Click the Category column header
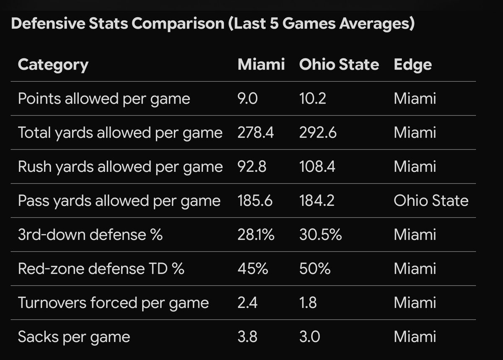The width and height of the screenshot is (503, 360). (x=53, y=65)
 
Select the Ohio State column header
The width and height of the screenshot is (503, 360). (x=339, y=65)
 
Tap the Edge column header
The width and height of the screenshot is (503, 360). (x=412, y=65)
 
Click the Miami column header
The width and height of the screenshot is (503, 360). (x=261, y=65)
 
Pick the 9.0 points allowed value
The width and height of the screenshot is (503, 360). (x=248, y=99)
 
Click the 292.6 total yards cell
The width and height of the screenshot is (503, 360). (x=317, y=133)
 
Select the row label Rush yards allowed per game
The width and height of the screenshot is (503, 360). (x=120, y=167)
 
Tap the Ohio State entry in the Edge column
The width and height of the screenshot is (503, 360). (x=430, y=201)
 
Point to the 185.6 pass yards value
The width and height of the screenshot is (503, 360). (x=255, y=201)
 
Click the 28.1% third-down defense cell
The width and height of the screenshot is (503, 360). (x=256, y=235)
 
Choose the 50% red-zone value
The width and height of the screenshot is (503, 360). (x=315, y=269)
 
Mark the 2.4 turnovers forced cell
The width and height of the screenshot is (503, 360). (x=247, y=303)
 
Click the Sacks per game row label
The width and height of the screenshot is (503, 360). (x=74, y=337)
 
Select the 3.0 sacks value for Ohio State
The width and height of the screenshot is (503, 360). (x=309, y=337)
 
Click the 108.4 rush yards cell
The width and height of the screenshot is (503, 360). (x=316, y=167)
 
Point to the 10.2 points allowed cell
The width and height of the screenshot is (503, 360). (x=312, y=99)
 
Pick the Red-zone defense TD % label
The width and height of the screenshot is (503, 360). (x=101, y=269)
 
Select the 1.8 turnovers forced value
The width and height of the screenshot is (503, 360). (x=308, y=303)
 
